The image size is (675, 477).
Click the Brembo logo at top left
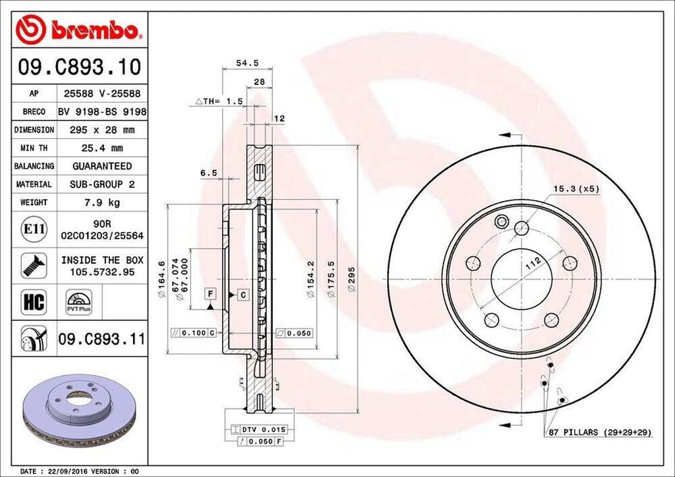(78, 29)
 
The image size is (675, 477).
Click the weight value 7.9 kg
(102, 202)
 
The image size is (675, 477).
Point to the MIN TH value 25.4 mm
(102, 148)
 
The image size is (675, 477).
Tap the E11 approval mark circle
(34, 229)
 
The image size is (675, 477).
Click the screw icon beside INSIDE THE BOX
(34, 265)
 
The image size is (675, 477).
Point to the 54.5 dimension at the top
(248, 63)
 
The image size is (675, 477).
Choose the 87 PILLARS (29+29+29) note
(599, 432)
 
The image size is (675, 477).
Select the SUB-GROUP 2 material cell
(102, 184)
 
